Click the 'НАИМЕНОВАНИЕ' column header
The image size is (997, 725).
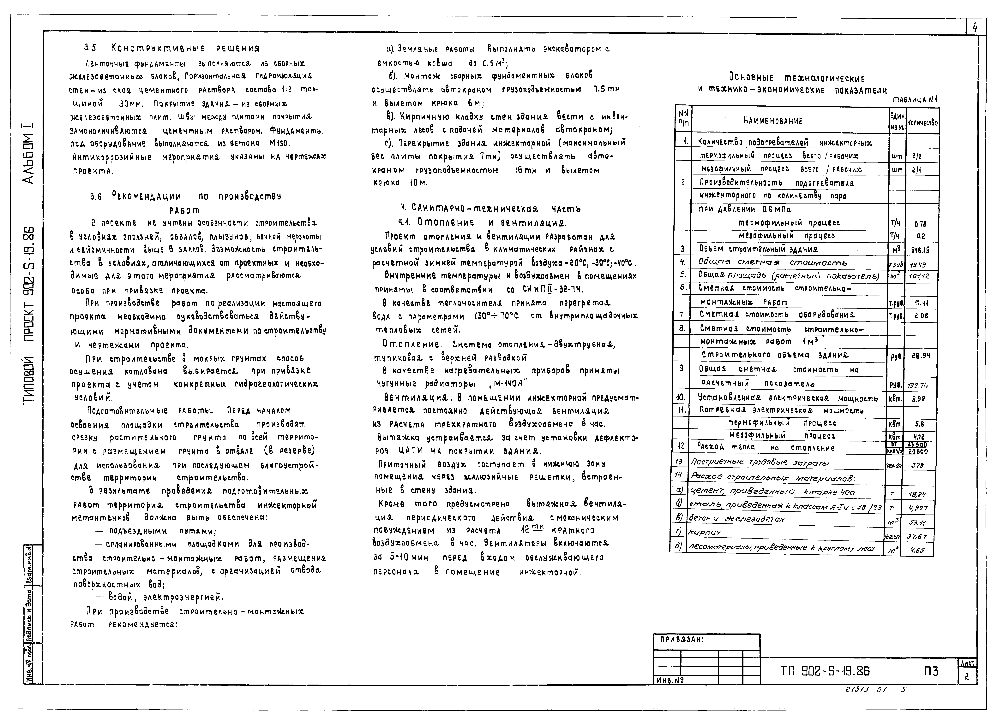click(x=773, y=121)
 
